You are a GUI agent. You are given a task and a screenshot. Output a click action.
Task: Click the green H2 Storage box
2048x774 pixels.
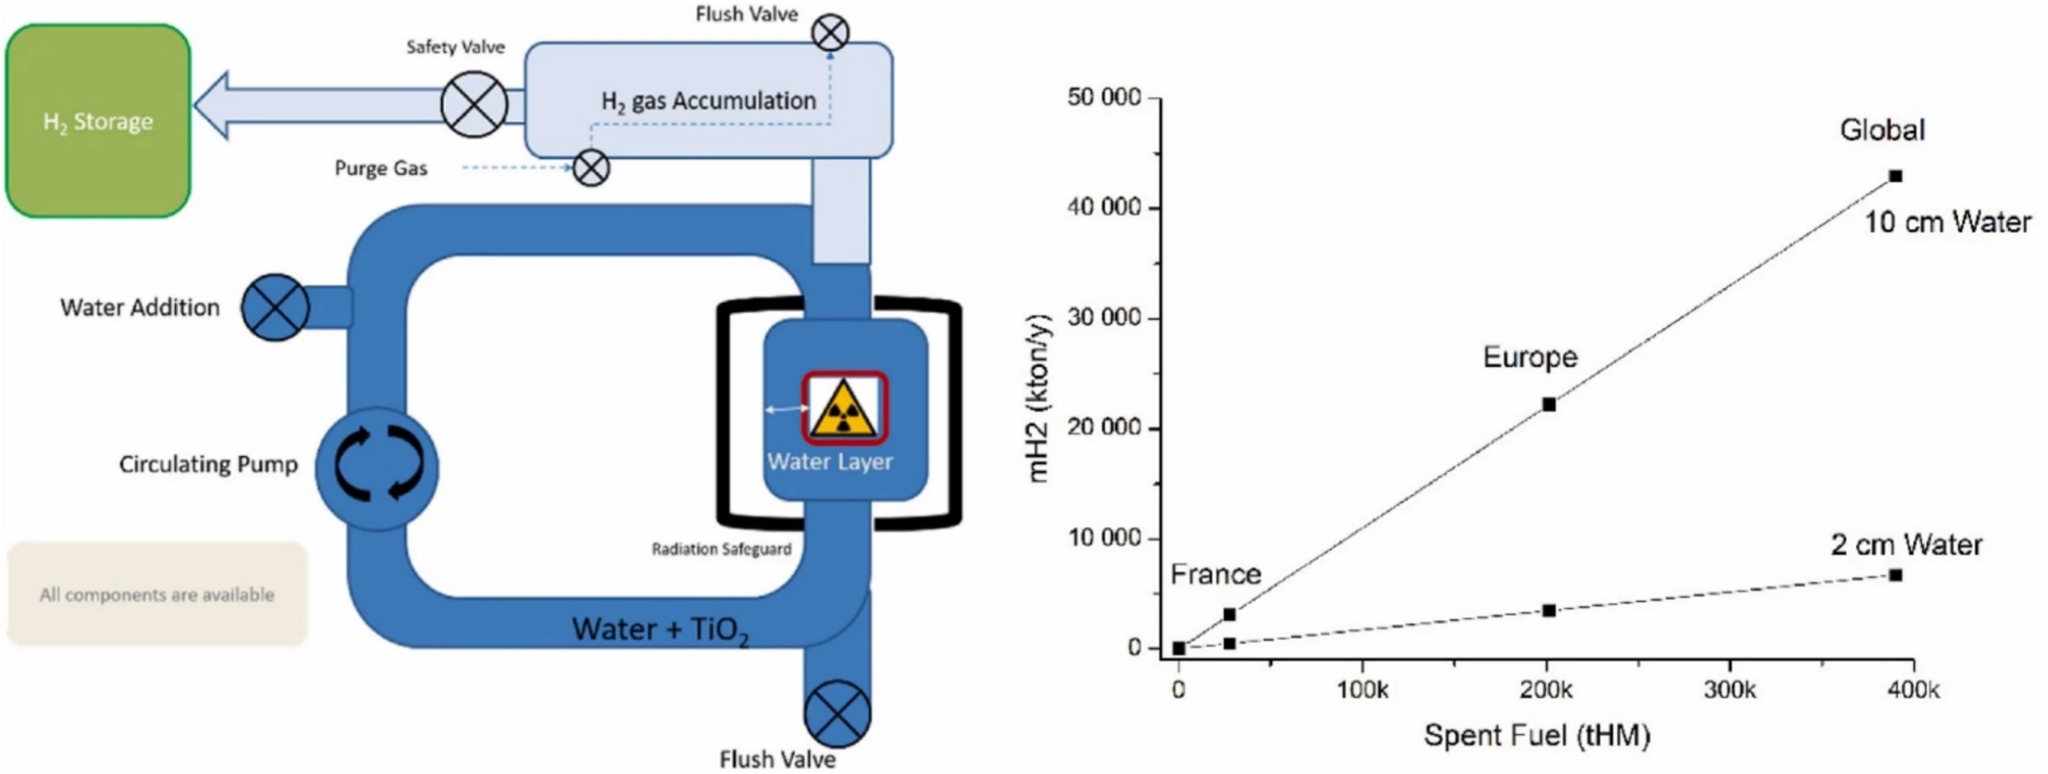(x=98, y=121)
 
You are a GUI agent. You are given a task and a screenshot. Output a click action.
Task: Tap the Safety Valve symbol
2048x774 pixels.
(x=474, y=104)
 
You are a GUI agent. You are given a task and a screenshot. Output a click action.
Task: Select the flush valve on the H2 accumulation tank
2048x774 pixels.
(x=830, y=33)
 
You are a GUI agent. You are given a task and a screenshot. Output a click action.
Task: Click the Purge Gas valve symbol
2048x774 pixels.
(x=591, y=168)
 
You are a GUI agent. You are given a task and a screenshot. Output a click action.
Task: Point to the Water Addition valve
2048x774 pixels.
(x=275, y=308)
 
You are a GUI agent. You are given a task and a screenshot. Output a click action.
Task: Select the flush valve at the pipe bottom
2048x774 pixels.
(x=837, y=714)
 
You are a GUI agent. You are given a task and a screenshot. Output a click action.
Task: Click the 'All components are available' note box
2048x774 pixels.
(x=156, y=594)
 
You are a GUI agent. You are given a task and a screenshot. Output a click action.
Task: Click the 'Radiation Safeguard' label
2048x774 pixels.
(x=721, y=549)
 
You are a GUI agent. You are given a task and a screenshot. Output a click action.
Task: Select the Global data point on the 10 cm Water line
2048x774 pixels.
(x=1895, y=176)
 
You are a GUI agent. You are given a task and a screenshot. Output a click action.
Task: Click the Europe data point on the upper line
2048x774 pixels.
(x=1549, y=404)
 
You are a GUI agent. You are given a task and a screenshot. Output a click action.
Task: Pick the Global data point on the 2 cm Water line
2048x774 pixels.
(x=1895, y=575)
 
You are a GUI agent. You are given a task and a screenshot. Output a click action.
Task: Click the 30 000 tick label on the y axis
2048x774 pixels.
(x=1105, y=317)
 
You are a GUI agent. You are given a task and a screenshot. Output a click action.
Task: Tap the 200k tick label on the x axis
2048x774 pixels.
(x=1547, y=689)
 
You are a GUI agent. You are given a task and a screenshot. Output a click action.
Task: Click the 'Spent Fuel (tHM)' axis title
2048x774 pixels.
(x=1536, y=735)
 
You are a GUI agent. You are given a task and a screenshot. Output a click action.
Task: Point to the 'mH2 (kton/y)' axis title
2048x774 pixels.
(x=1039, y=398)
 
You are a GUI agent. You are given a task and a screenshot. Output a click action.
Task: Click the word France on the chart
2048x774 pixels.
(x=1215, y=573)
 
